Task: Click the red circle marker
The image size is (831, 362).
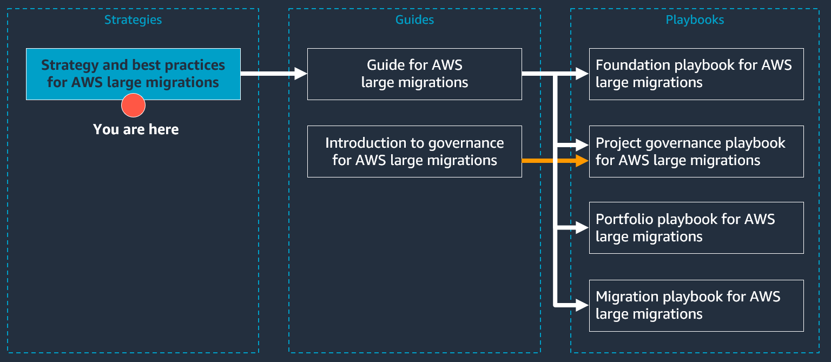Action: [133, 106]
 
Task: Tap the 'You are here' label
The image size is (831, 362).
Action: [136, 129]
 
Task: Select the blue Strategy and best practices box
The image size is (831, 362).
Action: [133, 74]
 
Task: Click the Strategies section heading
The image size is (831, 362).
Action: [133, 20]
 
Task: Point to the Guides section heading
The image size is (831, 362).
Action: [414, 20]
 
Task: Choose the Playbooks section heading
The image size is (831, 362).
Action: [695, 20]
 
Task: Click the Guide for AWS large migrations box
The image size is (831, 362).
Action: [414, 74]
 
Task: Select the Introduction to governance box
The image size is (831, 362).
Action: [414, 152]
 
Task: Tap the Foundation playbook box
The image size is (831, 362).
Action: [696, 74]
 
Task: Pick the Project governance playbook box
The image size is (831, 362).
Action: [696, 152]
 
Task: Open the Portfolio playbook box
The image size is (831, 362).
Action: [696, 228]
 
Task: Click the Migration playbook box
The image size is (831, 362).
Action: [696, 305]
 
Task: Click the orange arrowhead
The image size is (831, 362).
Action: [583, 160]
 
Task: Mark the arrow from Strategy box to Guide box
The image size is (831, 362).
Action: [273, 74]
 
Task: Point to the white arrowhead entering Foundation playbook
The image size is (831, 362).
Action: [582, 74]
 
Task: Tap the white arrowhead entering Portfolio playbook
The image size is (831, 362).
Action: [582, 228]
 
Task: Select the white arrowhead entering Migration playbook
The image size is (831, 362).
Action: [582, 305]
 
